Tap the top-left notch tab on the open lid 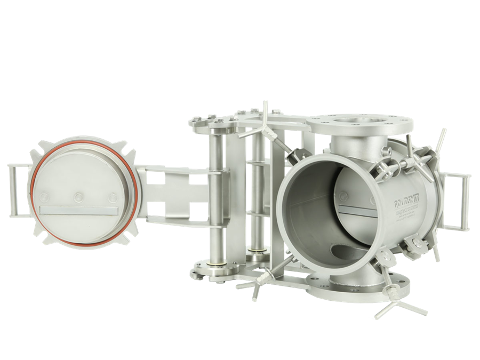tap(42, 147)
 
